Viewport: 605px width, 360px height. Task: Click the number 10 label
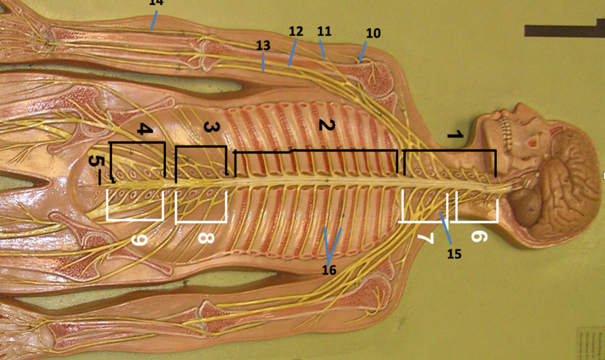(x=374, y=33)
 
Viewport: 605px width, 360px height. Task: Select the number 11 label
(x=324, y=31)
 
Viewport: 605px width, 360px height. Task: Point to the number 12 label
(x=295, y=32)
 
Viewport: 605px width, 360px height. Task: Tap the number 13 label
(x=263, y=45)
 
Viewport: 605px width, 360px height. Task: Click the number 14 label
(x=156, y=3)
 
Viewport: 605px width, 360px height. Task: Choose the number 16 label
(x=329, y=270)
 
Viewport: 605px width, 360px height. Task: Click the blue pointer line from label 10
(x=363, y=52)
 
